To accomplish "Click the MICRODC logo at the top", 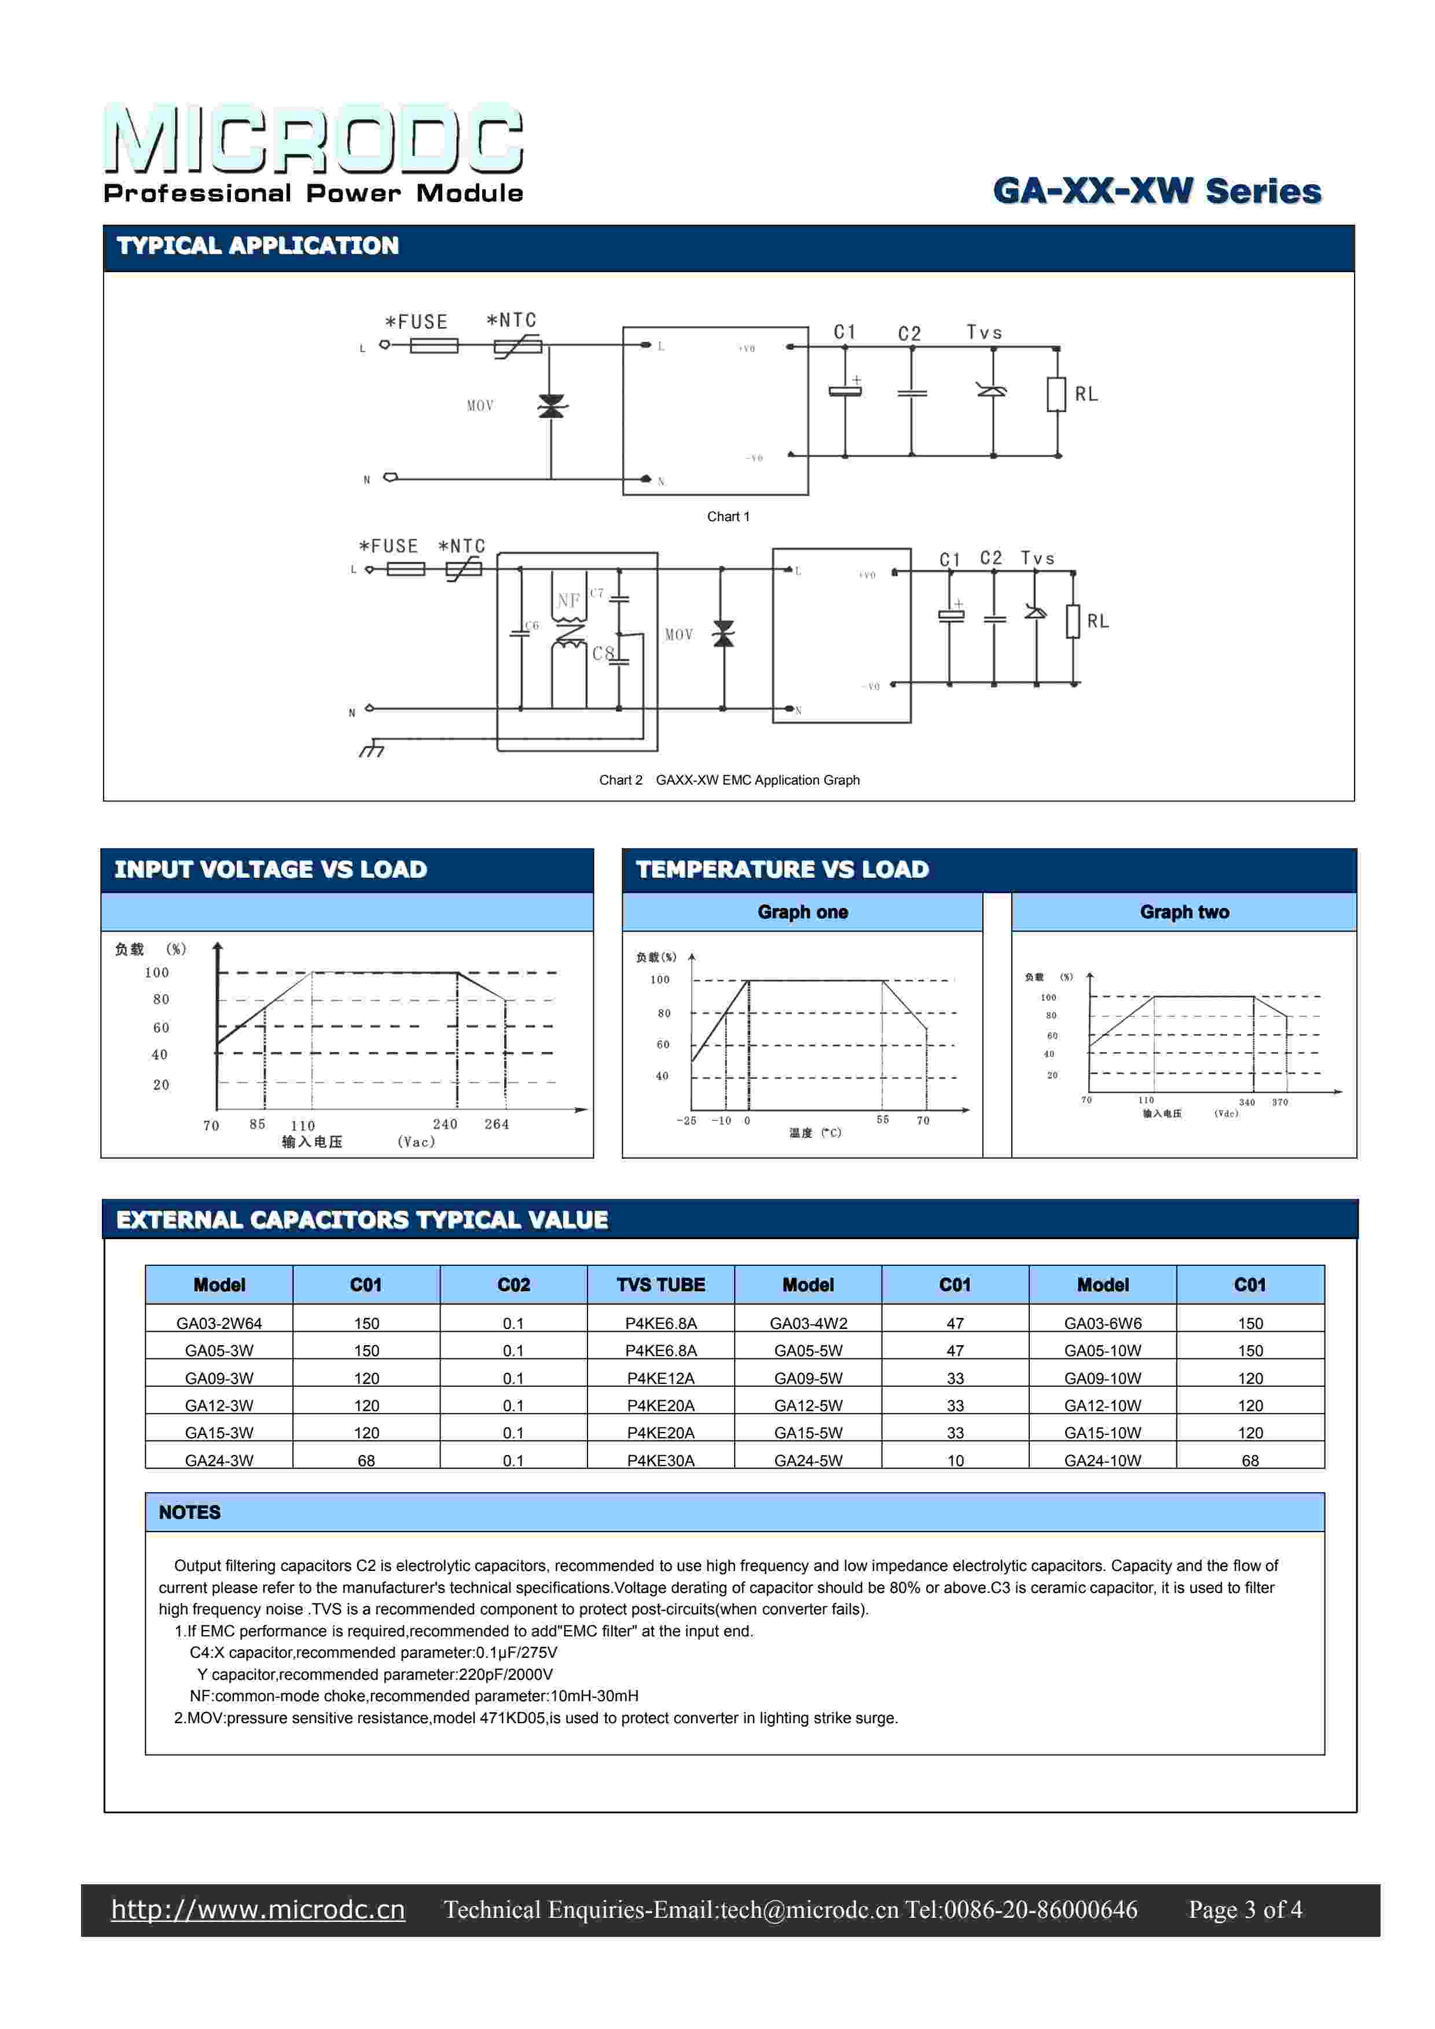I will (314, 140).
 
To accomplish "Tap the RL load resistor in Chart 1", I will (1057, 394).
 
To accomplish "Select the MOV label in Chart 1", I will (480, 405).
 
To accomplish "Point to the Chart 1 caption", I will (728, 517).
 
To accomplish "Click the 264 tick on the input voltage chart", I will (497, 1124).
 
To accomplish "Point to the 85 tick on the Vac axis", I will (257, 1124).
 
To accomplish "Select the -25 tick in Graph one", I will (687, 1120).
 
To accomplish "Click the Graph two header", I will (1184, 912).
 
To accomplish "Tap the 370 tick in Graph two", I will (1279, 1102).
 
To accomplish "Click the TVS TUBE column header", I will (661, 1285).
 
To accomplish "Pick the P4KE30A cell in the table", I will (661, 1460).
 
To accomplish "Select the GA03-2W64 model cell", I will (219, 1323).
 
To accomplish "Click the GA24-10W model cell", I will (1103, 1460).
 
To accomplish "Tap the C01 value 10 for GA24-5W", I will (955, 1460).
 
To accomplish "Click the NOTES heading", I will (190, 1512).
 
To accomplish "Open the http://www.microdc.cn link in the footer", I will (258, 1910).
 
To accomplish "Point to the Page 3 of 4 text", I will (1245, 1910).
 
